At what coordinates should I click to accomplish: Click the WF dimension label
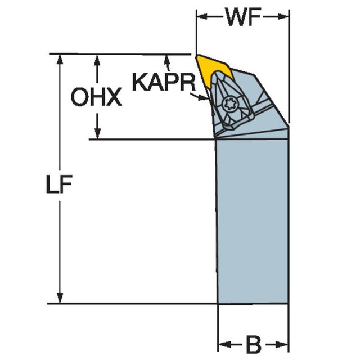(244, 17)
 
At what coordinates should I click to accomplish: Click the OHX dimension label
(96, 97)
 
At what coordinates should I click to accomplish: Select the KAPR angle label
(164, 82)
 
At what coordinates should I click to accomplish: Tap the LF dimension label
(59, 184)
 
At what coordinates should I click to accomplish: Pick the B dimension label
(254, 345)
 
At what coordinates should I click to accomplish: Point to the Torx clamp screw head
(231, 105)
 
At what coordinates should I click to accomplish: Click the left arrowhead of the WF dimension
(202, 16)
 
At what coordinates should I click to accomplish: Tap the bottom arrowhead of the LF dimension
(60, 298)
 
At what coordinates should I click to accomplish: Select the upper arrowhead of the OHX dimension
(97, 61)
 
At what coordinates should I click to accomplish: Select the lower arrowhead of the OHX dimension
(97, 133)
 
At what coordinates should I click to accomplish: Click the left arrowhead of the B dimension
(224, 345)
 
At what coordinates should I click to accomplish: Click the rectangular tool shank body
(252, 221)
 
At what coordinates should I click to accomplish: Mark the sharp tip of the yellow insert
(197, 55)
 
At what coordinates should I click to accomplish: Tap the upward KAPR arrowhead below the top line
(167, 61)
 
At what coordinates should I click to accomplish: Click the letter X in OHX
(113, 97)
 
